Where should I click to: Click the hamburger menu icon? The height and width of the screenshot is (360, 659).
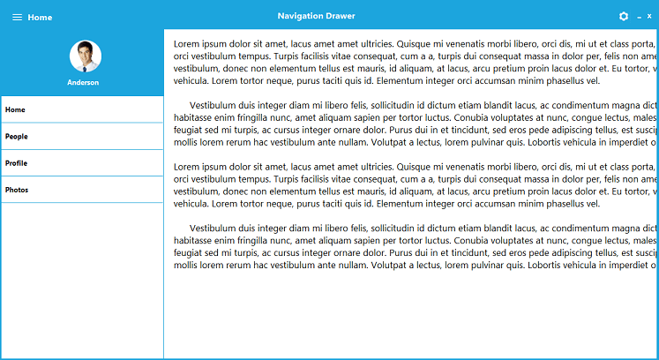coord(18,17)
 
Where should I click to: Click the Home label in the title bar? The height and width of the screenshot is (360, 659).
coord(40,18)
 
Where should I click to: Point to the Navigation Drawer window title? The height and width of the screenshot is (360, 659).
coord(316,17)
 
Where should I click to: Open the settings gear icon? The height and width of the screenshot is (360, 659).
coord(625,17)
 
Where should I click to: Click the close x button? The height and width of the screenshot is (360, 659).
coord(648,17)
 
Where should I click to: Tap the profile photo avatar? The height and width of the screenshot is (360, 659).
coord(86,56)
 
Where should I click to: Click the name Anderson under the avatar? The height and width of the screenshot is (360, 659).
coord(83,82)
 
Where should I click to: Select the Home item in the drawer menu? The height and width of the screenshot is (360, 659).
coord(16,109)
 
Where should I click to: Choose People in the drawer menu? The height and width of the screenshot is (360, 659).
coord(17,137)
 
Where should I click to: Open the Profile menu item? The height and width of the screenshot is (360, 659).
coord(16,163)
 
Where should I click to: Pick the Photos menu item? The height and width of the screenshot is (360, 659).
coord(17,190)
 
